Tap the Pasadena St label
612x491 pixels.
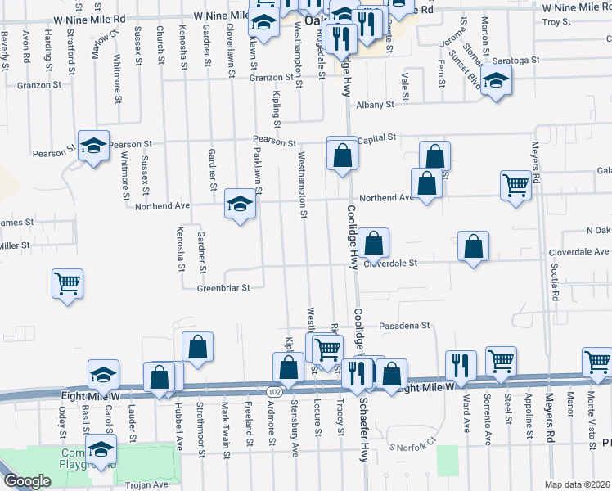click(403, 326)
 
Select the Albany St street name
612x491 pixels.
click(374, 105)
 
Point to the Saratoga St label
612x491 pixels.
click(516, 61)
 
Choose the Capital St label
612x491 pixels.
click(376, 138)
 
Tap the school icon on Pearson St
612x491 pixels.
click(94, 146)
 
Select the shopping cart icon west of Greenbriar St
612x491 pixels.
click(68, 284)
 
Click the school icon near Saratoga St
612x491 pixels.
click(495, 81)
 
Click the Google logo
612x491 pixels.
click(27, 481)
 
